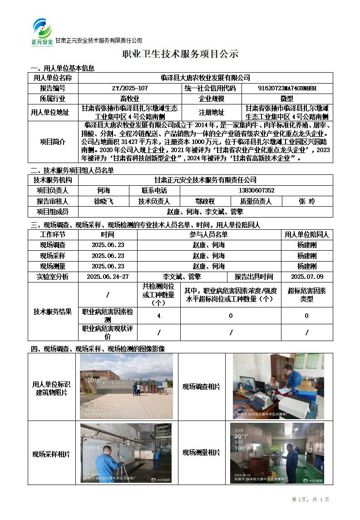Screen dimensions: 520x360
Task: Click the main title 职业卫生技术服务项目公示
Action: [x=180, y=54]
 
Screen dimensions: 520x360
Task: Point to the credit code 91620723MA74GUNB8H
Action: [x=287, y=88]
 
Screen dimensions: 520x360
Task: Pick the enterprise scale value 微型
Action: [x=287, y=99]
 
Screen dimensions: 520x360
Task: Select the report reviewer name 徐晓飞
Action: [x=104, y=201]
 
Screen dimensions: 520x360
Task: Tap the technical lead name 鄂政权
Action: [x=205, y=201]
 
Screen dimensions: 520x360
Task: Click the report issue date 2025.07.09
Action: [x=307, y=277]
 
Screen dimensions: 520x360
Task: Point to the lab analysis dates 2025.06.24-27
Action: [x=108, y=277]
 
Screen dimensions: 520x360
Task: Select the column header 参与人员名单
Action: [x=208, y=234]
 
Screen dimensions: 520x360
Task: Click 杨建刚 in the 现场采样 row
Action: [x=307, y=256]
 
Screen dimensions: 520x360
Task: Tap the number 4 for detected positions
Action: [x=158, y=316]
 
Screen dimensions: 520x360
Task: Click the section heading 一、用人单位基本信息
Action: [x=62, y=68]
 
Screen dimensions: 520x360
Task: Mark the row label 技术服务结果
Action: [x=53, y=312]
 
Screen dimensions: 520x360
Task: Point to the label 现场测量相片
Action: [x=201, y=452]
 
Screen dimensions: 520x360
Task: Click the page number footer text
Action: [x=311, y=500]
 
